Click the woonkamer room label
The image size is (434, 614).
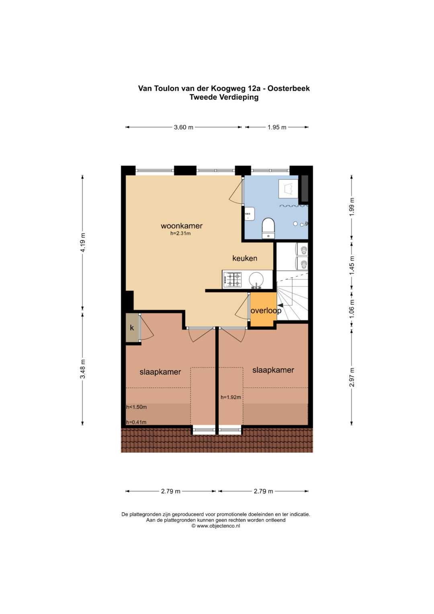tap(181, 226)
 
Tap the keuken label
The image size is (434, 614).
tap(245, 258)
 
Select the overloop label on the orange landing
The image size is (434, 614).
tap(266, 310)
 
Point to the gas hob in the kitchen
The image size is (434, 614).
tap(232, 279)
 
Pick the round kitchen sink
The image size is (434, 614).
tap(256, 279)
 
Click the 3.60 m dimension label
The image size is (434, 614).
tap(184, 127)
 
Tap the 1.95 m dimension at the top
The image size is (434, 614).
tap(277, 127)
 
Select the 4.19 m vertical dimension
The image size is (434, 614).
tap(82, 242)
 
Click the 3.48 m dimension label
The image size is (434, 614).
tap(82, 369)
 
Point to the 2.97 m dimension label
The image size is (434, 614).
tap(352, 377)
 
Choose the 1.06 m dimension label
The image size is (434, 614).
tap(352, 309)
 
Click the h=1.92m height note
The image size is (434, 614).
tap(231, 397)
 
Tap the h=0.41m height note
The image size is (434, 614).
tap(136, 422)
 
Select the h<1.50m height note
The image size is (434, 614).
tap(137, 407)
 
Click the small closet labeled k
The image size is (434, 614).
tap(132, 328)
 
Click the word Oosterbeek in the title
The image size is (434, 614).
tap(289, 88)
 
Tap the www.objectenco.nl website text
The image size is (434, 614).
tap(218, 526)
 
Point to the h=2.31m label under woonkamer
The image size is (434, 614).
tap(180, 234)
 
